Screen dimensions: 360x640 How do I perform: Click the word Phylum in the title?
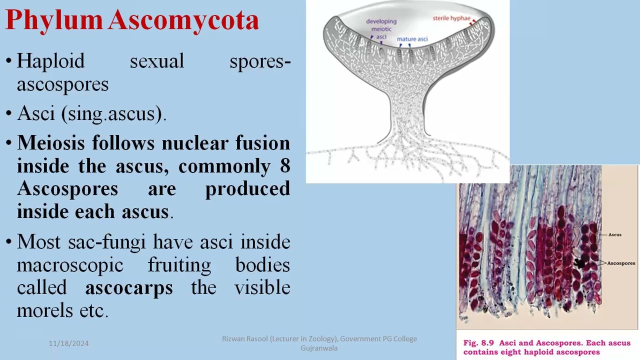pos(54,20)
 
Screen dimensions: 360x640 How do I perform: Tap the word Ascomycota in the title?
pos(183,20)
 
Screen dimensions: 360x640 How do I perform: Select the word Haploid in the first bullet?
pos(50,61)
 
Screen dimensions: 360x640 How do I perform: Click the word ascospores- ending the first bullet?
pos(62,84)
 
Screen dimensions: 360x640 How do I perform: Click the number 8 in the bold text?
pos(285,166)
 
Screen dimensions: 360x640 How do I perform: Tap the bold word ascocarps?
pos(129,288)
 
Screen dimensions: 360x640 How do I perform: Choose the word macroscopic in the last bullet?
pos(70,265)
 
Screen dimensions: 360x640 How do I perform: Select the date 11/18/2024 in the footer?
pos(68,343)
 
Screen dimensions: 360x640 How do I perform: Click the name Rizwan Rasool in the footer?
pos(244,339)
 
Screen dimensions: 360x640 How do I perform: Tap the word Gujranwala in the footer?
pos(319,348)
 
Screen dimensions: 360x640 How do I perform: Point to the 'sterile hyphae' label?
pos(451,18)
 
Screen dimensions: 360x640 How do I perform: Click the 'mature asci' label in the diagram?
pos(412,39)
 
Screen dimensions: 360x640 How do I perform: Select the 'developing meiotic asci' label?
pos(381,28)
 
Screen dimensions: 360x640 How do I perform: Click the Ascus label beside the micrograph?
pos(615,234)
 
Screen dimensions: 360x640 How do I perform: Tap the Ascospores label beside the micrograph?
pos(621,263)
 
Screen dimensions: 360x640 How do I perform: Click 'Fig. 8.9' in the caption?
pos(478,343)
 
